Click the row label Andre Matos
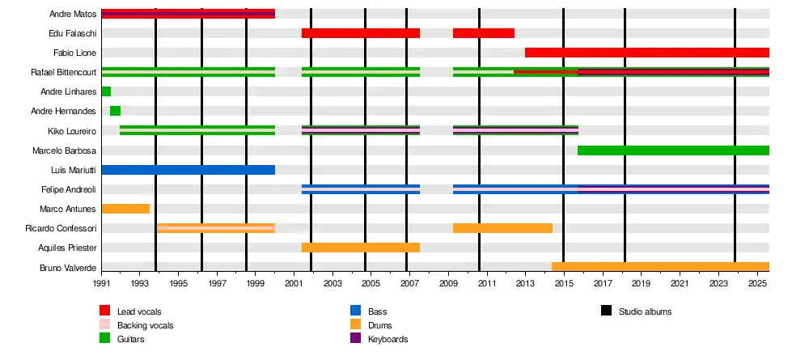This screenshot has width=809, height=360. tap(73, 14)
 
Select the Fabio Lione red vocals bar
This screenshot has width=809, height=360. tap(646, 53)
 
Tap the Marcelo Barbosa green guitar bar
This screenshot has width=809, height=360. tap(673, 150)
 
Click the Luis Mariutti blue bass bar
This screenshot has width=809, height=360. tap(188, 170)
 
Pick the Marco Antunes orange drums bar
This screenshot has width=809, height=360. tap(125, 209)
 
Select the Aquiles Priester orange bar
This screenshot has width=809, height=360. tap(360, 248)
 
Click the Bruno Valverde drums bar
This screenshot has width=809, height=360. tap(660, 267)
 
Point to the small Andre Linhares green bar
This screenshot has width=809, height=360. tap(106, 91)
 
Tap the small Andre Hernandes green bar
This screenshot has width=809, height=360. tap(115, 111)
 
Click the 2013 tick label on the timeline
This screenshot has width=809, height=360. tap(525, 285)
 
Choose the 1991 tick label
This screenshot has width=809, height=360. tap(102, 285)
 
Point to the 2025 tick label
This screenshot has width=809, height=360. tap(757, 285)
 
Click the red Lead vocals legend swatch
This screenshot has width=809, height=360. tap(105, 311)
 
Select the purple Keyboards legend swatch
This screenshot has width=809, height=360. tap(355, 339)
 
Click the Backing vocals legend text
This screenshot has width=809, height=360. tap(145, 325)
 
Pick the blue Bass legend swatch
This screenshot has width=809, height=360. tap(355, 311)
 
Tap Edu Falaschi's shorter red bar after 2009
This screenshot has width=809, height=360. tap(483, 33)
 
